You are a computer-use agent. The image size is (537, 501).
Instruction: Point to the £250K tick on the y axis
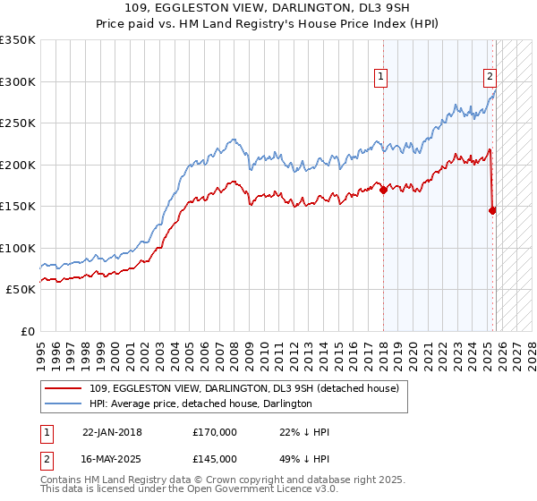[18, 123]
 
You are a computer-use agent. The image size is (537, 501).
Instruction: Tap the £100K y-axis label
[18, 248]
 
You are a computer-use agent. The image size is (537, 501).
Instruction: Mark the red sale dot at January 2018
[383, 190]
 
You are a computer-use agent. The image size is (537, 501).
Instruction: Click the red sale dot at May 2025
[492, 210]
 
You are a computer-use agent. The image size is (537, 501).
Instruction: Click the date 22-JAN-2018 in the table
[112, 432]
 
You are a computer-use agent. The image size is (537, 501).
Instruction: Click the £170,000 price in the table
[215, 432]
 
